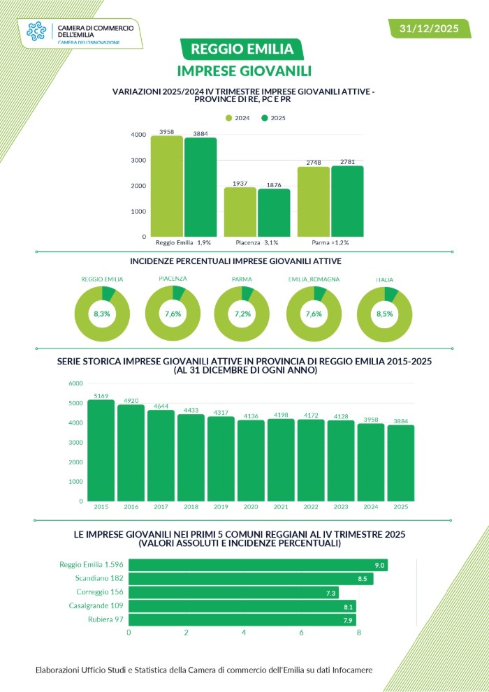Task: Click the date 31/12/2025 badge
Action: click(428, 29)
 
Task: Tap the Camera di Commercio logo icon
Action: click(38, 31)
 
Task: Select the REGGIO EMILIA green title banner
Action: click(242, 49)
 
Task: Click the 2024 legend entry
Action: click(238, 118)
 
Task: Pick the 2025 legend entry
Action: click(273, 118)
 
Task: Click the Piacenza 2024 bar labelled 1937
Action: click(240, 212)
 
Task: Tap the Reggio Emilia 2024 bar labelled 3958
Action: click(166, 186)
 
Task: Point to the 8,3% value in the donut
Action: click(102, 314)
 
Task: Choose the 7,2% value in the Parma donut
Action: click(242, 314)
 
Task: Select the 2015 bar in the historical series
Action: click(101, 450)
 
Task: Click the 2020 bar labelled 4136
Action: click(251, 460)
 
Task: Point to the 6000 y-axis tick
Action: click(75, 383)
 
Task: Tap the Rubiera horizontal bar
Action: click(242, 620)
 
